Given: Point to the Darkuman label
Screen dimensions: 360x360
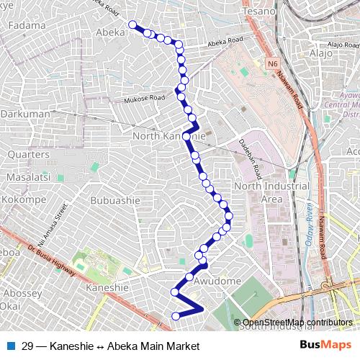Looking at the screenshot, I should pos(24,114).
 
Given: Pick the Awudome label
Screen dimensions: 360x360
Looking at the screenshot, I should pos(217,281).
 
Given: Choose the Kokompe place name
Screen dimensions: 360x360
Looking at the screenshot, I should pos(24,199).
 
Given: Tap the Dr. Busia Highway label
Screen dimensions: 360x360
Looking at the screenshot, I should pos(53,259).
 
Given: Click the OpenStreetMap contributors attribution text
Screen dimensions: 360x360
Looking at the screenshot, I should pos(297,323).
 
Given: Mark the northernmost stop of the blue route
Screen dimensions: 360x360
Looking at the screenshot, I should pos(132,25).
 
